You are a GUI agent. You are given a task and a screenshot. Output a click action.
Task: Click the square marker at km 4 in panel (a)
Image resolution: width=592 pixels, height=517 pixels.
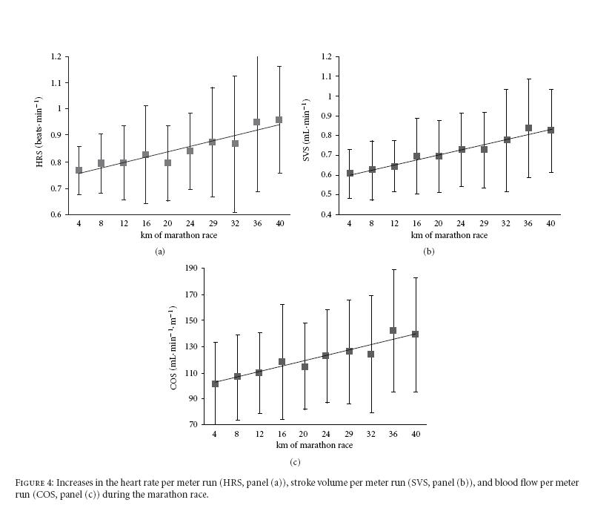tap(79, 170)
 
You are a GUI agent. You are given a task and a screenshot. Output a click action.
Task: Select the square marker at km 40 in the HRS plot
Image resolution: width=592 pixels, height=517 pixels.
tap(279, 119)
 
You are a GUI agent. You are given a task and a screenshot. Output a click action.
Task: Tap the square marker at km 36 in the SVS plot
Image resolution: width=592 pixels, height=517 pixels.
tap(528, 128)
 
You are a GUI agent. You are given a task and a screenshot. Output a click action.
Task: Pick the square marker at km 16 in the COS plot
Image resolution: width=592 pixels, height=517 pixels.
tap(282, 362)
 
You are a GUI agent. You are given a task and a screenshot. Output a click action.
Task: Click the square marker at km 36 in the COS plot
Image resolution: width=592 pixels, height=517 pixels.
tap(393, 331)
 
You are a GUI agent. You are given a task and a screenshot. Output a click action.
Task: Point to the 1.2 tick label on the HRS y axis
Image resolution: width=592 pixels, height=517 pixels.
tap(56, 56)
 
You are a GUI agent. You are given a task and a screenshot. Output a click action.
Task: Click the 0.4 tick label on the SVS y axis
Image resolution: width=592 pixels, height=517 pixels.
tap(327, 215)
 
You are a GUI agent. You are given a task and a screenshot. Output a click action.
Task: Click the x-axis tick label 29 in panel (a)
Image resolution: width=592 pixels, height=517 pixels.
tap(212, 225)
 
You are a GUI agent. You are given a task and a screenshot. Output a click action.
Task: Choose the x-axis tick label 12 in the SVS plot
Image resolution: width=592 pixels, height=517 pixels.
tap(393, 225)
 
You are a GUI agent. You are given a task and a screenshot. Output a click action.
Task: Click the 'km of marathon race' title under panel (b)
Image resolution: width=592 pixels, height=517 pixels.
tap(449, 235)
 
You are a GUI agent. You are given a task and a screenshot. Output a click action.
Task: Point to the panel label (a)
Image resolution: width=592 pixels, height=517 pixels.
tap(159, 252)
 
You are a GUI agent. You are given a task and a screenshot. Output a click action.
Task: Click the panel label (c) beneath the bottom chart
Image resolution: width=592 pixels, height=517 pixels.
tap(295, 463)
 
